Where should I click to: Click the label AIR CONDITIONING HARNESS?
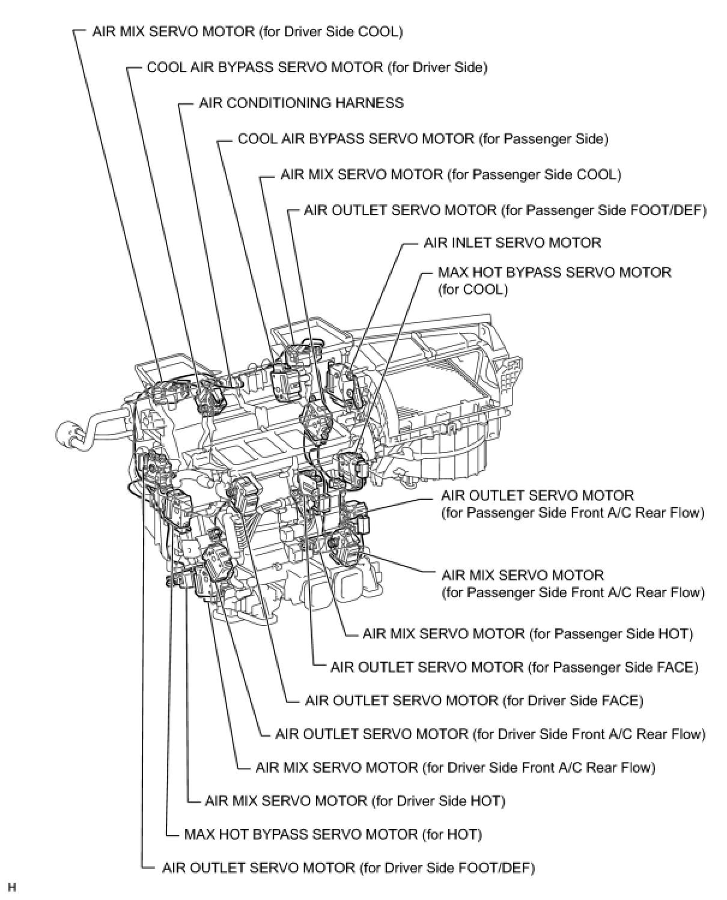(301, 103)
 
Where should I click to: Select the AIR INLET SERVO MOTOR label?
(512, 243)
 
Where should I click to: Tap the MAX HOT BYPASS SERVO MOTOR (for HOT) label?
(333, 834)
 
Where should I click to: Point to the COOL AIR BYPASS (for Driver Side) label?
(317, 67)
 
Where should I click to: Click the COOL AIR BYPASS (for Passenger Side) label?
(423, 139)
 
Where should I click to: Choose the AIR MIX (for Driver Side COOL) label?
(247, 31)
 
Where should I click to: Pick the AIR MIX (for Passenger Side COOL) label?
(451, 175)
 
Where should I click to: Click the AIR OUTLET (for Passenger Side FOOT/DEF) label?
(505, 210)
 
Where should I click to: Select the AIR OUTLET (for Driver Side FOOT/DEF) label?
(348, 868)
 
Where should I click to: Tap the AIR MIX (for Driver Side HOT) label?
(354, 801)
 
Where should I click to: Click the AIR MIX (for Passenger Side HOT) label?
(528, 634)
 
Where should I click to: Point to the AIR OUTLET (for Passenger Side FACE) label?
(514, 667)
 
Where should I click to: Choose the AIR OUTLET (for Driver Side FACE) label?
(473, 701)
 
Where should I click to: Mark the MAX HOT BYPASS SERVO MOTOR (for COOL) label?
(554, 281)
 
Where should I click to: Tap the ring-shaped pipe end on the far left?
(68, 434)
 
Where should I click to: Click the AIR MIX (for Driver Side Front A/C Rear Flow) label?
(455, 767)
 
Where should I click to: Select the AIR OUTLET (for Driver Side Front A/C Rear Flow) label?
(490, 734)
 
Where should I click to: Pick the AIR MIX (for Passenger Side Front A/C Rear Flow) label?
(573, 583)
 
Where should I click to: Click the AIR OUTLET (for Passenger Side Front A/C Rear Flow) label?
(572, 504)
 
